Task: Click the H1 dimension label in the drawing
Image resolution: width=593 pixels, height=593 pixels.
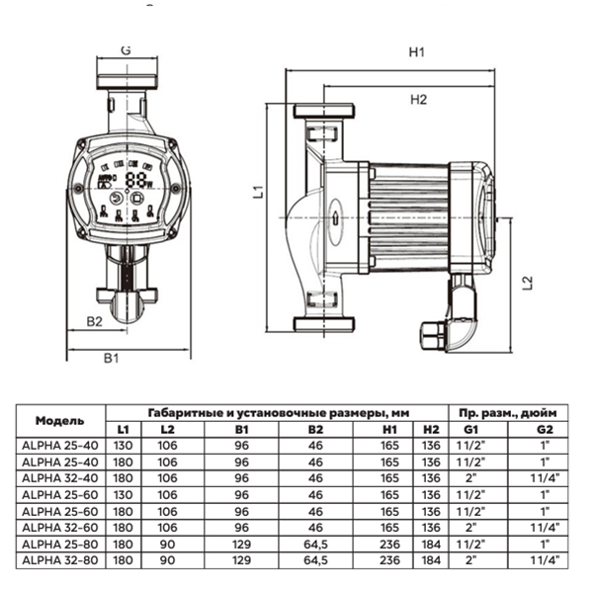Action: point(416,54)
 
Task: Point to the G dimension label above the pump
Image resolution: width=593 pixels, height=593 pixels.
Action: point(126,48)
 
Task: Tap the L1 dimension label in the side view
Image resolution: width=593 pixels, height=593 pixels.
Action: point(255,194)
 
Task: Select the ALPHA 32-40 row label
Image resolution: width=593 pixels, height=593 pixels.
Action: point(59,477)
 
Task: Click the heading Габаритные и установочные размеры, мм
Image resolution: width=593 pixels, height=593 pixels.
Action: point(276,411)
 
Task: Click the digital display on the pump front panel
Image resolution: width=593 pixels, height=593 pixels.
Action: point(135,181)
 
